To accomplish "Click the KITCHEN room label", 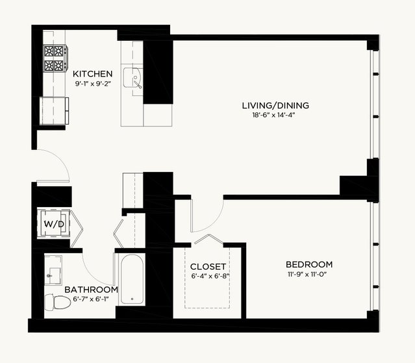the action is pyautogui.click(x=93, y=73).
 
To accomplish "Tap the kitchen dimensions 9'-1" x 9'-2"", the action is pyautogui.click(x=93, y=84).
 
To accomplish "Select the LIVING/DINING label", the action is pyautogui.click(x=275, y=105).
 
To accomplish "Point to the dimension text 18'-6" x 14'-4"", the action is pyautogui.click(x=273, y=115).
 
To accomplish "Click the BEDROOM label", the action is pyautogui.click(x=309, y=264).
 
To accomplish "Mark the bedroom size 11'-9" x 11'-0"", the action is pyautogui.click(x=307, y=275).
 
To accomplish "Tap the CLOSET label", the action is pyautogui.click(x=208, y=266).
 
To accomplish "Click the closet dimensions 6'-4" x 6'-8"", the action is pyautogui.click(x=210, y=276).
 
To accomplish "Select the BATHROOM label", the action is pyautogui.click(x=92, y=290).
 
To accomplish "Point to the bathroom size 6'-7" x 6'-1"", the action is pyautogui.click(x=91, y=299).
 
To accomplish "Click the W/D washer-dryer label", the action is pyautogui.click(x=54, y=225).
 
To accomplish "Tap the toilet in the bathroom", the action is pyautogui.click(x=57, y=303).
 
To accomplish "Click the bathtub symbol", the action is pyautogui.click(x=132, y=279).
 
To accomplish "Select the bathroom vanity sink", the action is pyautogui.click(x=53, y=270).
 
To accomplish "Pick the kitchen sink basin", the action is pyautogui.click(x=132, y=78).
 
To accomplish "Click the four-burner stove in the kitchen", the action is pyautogui.click(x=55, y=58).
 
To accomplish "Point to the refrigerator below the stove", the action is pyautogui.click(x=54, y=111).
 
